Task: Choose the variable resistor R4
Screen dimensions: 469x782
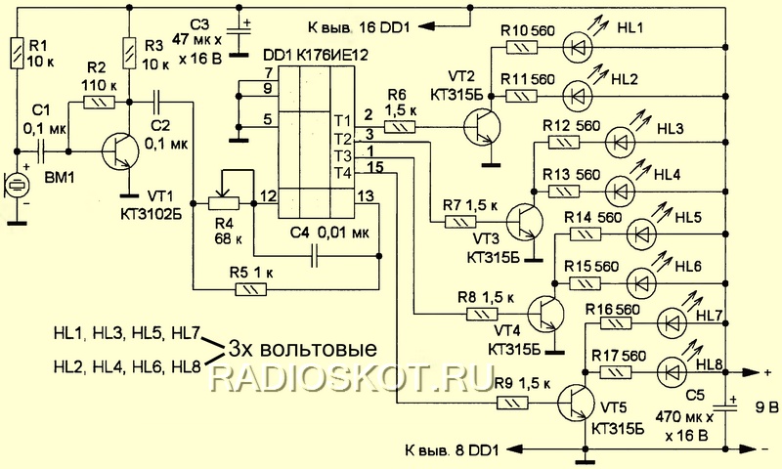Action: pyautogui.click(x=224, y=202)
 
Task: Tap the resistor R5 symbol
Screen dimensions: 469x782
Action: pyautogui.click(x=253, y=288)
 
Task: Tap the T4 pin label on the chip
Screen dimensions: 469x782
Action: pyautogui.click(x=341, y=173)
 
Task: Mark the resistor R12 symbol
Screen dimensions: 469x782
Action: pyautogui.click(x=561, y=143)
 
